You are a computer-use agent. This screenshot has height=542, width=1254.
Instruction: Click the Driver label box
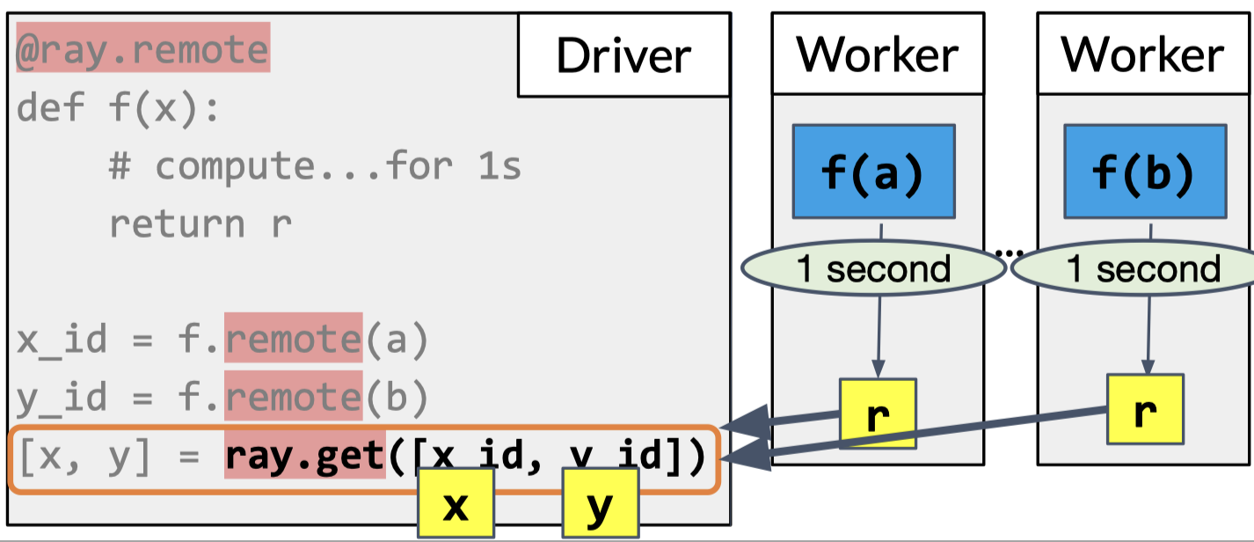(623, 55)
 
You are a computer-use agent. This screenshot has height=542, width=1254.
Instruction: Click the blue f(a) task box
(873, 172)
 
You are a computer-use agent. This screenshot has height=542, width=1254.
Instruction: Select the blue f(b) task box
(1144, 172)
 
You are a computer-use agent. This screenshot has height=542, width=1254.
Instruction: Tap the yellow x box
(455, 503)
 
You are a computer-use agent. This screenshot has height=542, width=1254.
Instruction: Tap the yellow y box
(599, 503)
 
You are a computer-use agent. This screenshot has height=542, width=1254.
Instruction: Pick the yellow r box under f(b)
(1143, 410)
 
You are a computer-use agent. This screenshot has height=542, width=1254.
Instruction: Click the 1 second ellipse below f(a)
(873, 268)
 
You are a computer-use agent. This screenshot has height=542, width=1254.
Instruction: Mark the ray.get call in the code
(304, 457)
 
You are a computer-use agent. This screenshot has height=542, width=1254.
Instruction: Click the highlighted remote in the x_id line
(293, 338)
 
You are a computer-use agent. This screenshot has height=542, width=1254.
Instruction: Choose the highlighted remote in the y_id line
(293, 398)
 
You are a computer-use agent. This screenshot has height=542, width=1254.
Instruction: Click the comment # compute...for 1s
(315, 165)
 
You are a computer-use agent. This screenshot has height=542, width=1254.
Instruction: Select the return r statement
(200, 223)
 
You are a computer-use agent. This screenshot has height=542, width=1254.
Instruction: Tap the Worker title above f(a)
(877, 55)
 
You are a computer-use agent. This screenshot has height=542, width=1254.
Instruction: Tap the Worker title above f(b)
(1142, 55)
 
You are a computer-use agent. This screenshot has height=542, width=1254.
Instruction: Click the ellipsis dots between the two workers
(1009, 253)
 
